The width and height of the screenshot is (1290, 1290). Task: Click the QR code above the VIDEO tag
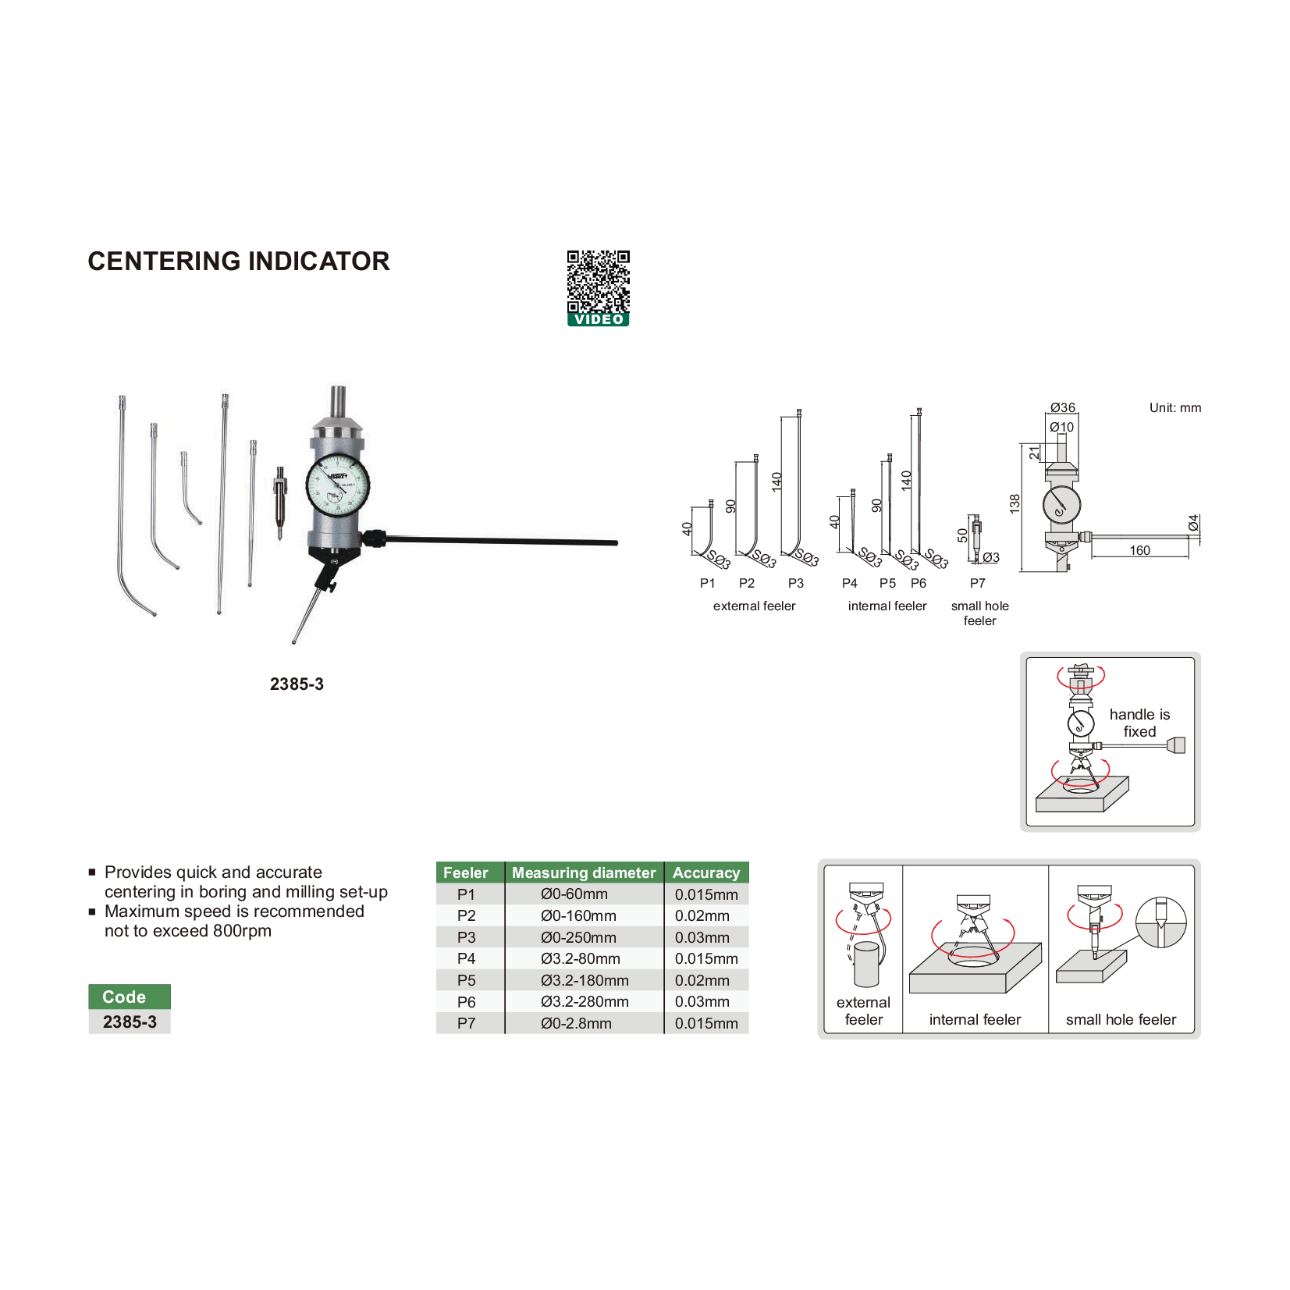598,281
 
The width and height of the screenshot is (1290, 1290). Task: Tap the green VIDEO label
599,320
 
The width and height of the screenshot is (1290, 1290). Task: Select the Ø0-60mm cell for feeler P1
574,894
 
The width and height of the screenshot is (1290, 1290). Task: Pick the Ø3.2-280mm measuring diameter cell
585,1001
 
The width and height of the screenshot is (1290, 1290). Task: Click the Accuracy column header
706,872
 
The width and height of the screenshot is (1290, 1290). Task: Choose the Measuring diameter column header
584,872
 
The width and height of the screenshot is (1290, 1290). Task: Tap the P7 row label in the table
466,1023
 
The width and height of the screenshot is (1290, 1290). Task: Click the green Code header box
129,997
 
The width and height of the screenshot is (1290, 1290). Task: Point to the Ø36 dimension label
1062,407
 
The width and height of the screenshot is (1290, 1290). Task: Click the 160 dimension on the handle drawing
1139,550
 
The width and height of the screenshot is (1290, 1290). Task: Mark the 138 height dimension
1015,503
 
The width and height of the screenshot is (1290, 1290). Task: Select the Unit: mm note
1175,407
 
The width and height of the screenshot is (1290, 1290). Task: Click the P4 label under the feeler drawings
849,583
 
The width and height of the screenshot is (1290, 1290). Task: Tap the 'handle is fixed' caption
1139,723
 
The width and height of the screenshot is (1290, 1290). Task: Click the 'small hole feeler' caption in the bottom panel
1121,1019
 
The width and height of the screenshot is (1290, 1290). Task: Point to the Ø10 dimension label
1061,427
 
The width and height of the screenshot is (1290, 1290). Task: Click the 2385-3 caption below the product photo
297,684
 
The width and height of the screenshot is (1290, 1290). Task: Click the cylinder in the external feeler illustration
866,965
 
